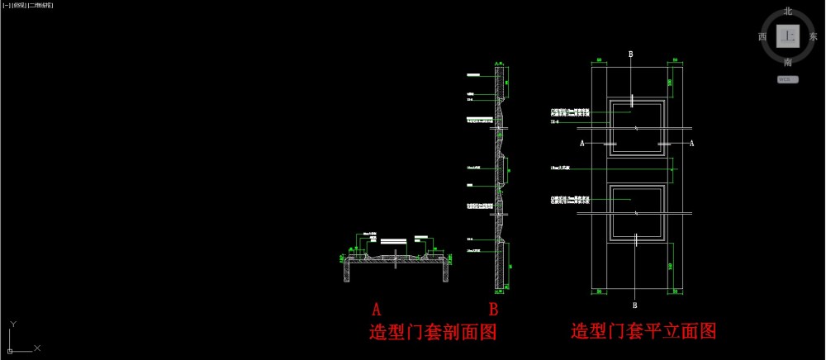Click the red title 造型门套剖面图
point(437,334)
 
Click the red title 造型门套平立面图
point(643,332)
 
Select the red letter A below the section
point(377,310)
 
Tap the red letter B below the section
point(493,310)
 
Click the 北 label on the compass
point(788,12)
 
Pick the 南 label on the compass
point(788,62)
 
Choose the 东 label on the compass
point(814,37)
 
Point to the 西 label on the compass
point(762,37)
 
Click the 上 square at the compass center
point(788,37)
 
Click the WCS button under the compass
point(788,80)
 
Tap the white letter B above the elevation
point(632,54)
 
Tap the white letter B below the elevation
point(634,293)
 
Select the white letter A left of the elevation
point(583,143)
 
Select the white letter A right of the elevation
point(691,143)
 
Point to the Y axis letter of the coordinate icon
point(13,324)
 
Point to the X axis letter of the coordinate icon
point(38,348)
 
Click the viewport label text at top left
point(29,5)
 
